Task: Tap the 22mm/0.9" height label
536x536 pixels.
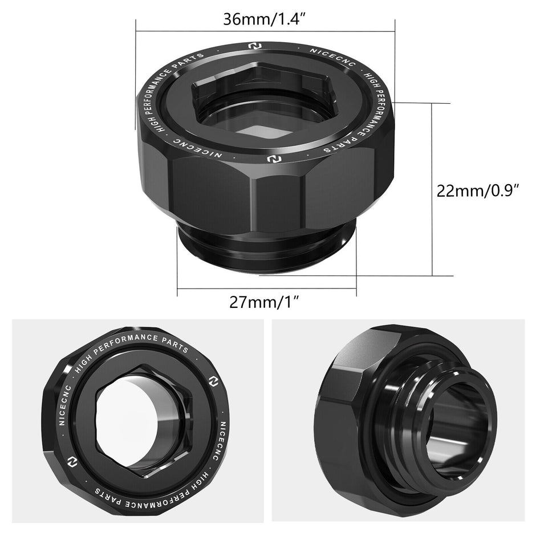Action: pyautogui.click(x=477, y=190)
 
